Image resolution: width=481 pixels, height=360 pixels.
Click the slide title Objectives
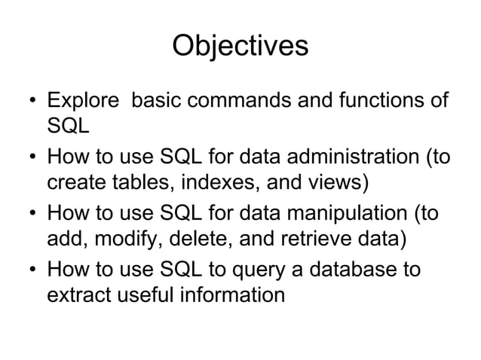(240, 46)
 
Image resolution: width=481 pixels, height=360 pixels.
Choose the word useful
(150, 294)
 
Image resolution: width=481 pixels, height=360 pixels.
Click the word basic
(157, 101)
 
